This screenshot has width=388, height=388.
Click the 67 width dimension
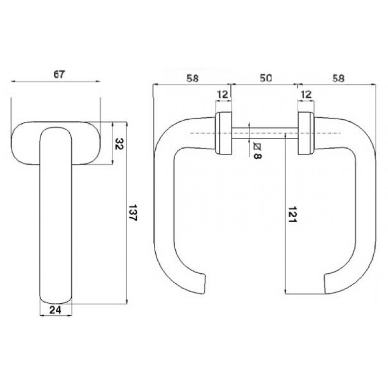click(59, 74)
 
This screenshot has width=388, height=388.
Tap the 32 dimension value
click(119, 144)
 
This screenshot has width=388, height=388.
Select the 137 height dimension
click(133, 213)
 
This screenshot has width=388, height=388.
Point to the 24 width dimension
click(55, 310)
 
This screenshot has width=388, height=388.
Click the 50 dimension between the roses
click(266, 78)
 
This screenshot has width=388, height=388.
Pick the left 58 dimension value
click(193, 79)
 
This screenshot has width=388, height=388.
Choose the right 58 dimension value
click(338, 79)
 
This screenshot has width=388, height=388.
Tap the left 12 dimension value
click(223, 94)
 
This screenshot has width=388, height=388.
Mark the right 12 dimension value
click(307, 94)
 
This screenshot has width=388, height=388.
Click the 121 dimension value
click(292, 214)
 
